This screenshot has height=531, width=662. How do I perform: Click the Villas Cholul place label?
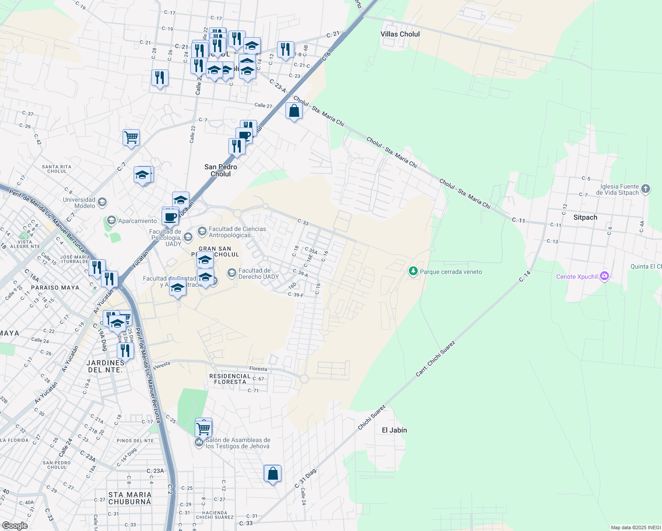tap(400, 34)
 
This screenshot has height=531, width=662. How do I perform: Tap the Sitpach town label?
tap(585, 217)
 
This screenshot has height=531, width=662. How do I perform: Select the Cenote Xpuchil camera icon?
tap(604, 277)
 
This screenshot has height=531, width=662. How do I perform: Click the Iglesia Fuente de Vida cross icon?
tap(646, 189)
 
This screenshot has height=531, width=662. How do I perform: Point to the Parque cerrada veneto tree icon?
tap(413, 271)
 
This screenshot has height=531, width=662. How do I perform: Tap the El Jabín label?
tap(394, 430)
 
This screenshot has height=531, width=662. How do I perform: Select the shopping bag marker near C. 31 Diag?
tap(273, 474)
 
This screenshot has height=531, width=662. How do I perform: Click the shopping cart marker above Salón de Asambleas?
tap(204, 427)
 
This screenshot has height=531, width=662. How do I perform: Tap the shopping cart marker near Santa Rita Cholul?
tap(131, 138)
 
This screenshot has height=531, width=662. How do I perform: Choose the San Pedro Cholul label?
tap(221, 170)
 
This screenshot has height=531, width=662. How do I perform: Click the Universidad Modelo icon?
tap(102, 203)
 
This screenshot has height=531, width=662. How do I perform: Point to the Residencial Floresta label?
tap(230, 379)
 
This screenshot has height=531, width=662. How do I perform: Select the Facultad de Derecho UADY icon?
tap(232, 273)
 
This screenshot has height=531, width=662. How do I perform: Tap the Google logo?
tap(15, 525)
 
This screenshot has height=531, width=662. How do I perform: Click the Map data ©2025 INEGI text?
tap(635, 527)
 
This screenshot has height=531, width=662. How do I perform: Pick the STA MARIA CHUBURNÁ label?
tap(130, 498)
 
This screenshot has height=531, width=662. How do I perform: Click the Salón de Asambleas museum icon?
tap(199, 442)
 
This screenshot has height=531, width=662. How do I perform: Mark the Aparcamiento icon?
tap(111, 220)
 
